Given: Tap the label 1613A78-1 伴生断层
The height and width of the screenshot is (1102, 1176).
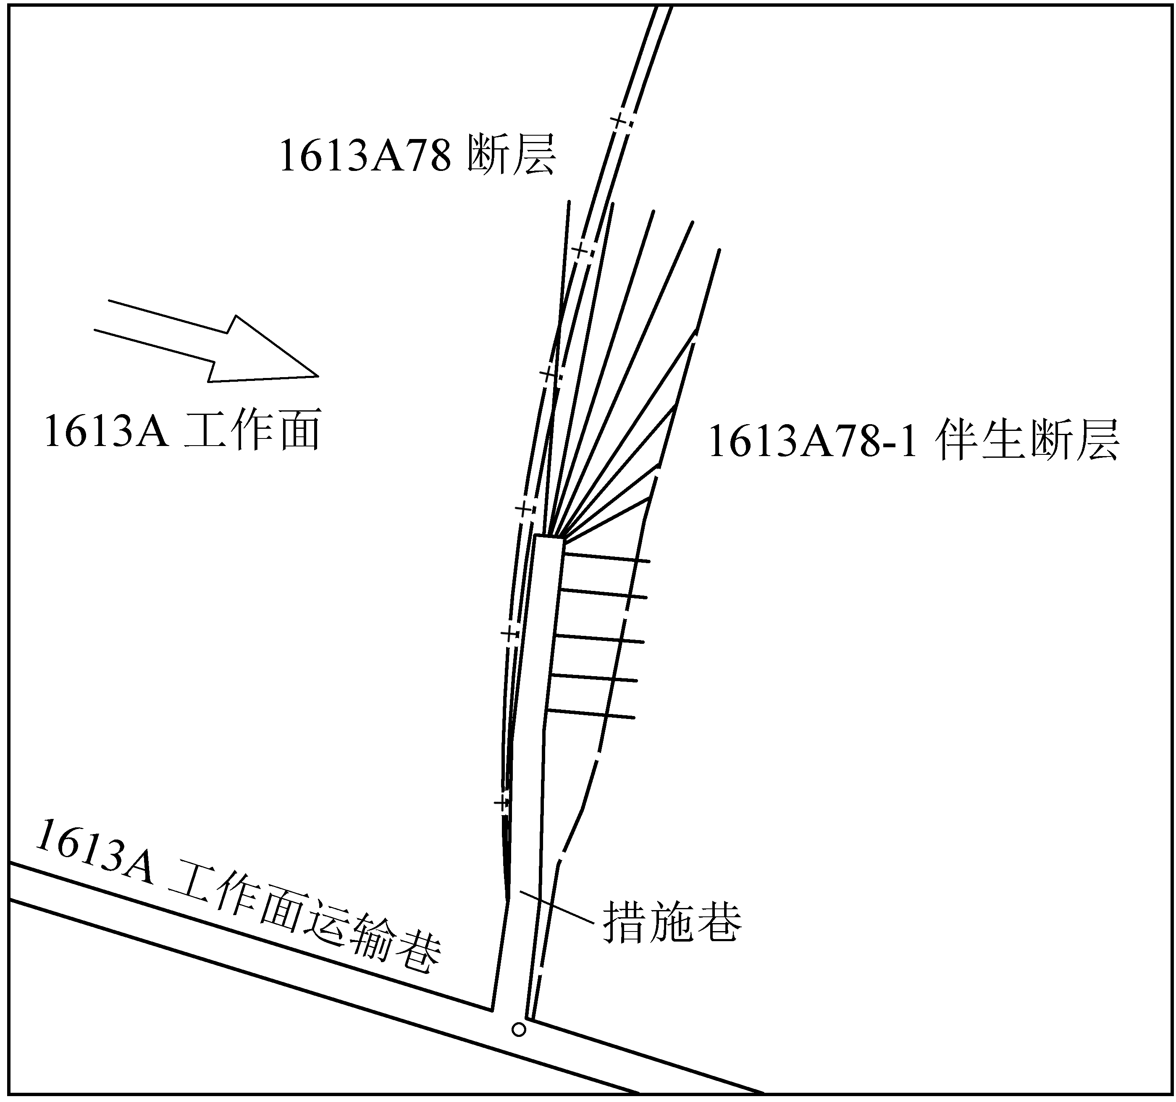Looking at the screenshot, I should tap(913, 441).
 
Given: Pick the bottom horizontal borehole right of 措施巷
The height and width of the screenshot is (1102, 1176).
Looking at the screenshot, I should tap(591, 714).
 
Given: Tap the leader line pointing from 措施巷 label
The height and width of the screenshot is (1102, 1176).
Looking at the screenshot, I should tap(556, 906).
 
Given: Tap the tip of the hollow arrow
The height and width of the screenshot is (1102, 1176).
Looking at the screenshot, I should tap(318, 375).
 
